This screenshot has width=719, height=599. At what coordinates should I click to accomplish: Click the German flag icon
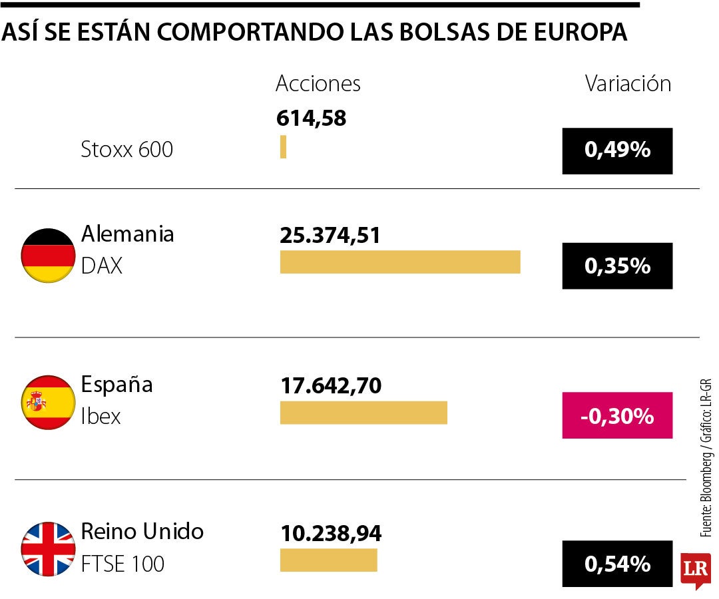48,256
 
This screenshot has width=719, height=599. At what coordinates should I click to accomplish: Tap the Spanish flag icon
48,402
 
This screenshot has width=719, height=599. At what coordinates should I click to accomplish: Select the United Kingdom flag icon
48,549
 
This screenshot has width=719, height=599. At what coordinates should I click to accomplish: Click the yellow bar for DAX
399,262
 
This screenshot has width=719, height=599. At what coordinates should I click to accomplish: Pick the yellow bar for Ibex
363,413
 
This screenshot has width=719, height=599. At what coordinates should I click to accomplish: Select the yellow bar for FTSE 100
328,560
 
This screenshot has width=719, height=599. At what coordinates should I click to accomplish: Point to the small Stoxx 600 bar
283,146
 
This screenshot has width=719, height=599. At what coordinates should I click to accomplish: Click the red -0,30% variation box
617,416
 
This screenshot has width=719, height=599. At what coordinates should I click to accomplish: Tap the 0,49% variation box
617,150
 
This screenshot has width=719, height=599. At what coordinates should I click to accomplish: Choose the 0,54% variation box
617,564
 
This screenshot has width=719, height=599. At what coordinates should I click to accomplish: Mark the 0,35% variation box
617,266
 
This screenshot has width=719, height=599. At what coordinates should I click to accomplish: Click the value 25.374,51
330,235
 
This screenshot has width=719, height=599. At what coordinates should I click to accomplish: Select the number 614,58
311,118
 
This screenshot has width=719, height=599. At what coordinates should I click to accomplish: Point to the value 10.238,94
330,532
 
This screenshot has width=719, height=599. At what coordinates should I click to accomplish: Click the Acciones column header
318,84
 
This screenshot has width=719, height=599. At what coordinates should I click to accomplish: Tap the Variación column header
628,84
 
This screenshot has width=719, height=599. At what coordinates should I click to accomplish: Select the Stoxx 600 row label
126,149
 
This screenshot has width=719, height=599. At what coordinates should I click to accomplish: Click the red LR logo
695,570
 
